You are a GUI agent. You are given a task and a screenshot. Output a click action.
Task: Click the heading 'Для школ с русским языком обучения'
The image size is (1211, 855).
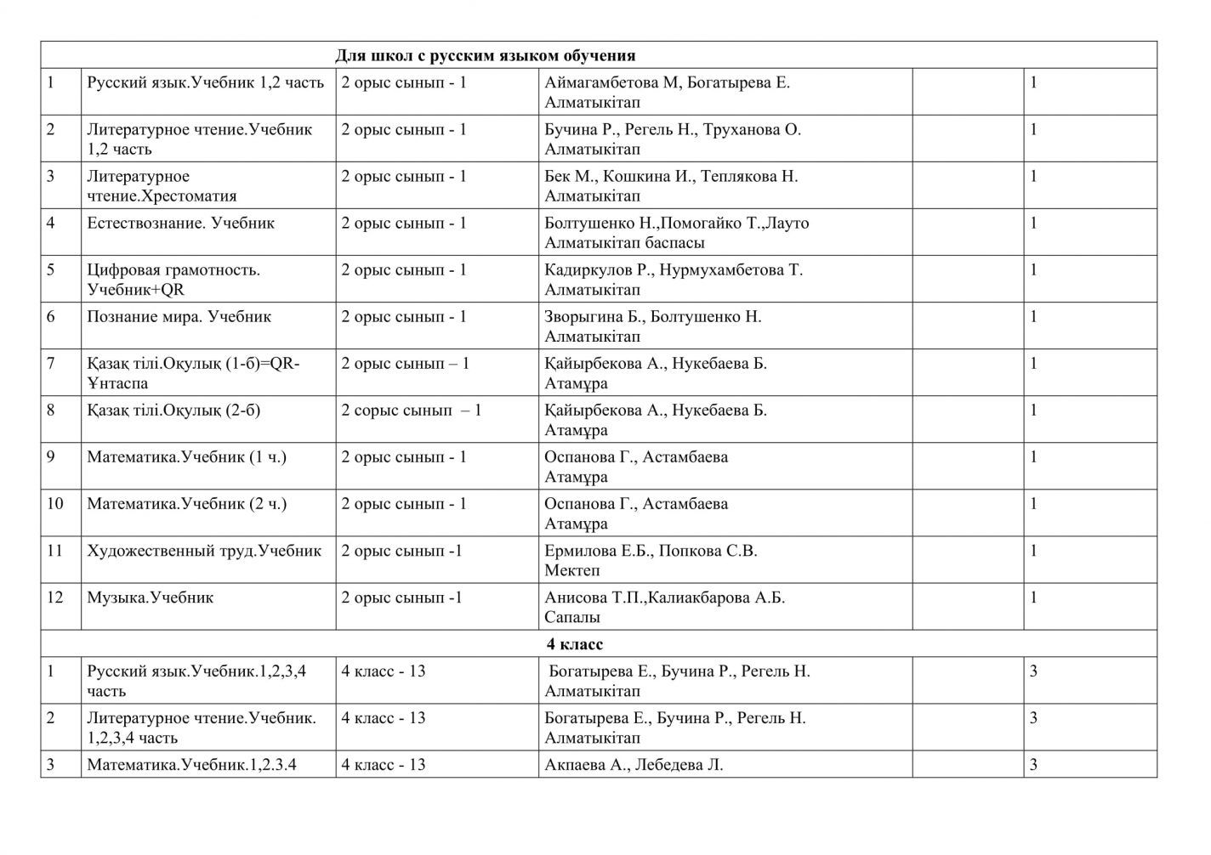click(x=485, y=56)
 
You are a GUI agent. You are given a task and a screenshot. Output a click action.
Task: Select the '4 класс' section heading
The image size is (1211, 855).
click(x=575, y=644)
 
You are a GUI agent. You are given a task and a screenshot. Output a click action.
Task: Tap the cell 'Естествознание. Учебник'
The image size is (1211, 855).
click(x=180, y=224)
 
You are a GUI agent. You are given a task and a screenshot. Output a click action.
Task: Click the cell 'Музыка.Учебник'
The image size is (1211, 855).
click(x=150, y=597)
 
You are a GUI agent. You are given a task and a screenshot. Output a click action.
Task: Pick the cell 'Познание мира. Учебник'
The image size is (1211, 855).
click(x=179, y=317)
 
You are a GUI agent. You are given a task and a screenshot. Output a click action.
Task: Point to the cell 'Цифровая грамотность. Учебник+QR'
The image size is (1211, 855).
click(x=173, y=280)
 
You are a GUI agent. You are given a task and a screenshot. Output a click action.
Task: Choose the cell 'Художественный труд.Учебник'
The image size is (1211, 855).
click(x=204, y=551)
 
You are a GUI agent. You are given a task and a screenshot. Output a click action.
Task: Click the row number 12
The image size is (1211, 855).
click(x=55, y=597)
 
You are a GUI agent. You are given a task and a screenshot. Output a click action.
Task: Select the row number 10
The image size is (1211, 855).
click(x=55, y=504)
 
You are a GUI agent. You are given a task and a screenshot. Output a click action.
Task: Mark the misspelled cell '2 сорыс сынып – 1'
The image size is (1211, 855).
click(x=412, y=411)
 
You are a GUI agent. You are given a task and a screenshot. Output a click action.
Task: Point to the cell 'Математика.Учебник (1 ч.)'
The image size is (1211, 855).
click(x=186, y=457)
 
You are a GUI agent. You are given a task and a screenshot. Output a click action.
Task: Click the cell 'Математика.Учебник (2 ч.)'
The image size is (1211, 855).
click(x=186, y=504)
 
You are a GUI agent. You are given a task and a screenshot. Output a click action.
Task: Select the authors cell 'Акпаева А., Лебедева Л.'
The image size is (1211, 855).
click(x=634, y=765)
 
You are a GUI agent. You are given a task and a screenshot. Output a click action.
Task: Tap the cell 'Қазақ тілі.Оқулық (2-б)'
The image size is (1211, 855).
click(x=173, y=411)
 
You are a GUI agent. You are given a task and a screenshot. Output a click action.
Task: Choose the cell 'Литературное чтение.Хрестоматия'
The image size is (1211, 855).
click(x=162, y=186)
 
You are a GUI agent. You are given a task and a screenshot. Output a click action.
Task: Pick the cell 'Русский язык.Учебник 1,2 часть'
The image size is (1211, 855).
click(x=205, y=83)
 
